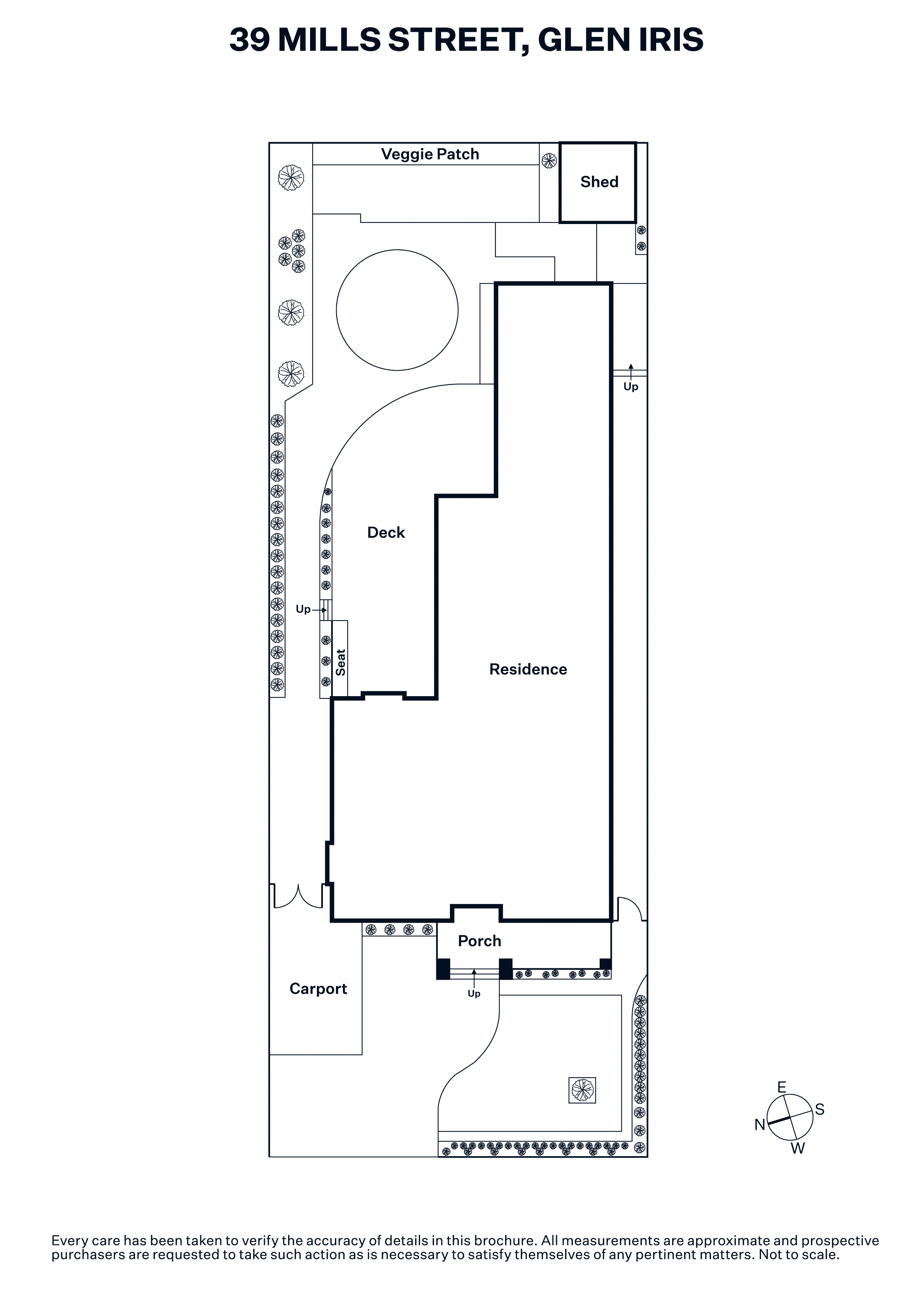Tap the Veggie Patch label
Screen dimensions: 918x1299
(430, 154)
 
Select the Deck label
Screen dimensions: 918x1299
(386, 532)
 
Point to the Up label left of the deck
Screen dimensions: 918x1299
(303, 610)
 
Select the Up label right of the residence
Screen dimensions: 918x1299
(631, 387)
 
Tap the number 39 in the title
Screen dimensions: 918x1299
(250, 40)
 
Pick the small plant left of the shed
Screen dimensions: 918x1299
(549, 161)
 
